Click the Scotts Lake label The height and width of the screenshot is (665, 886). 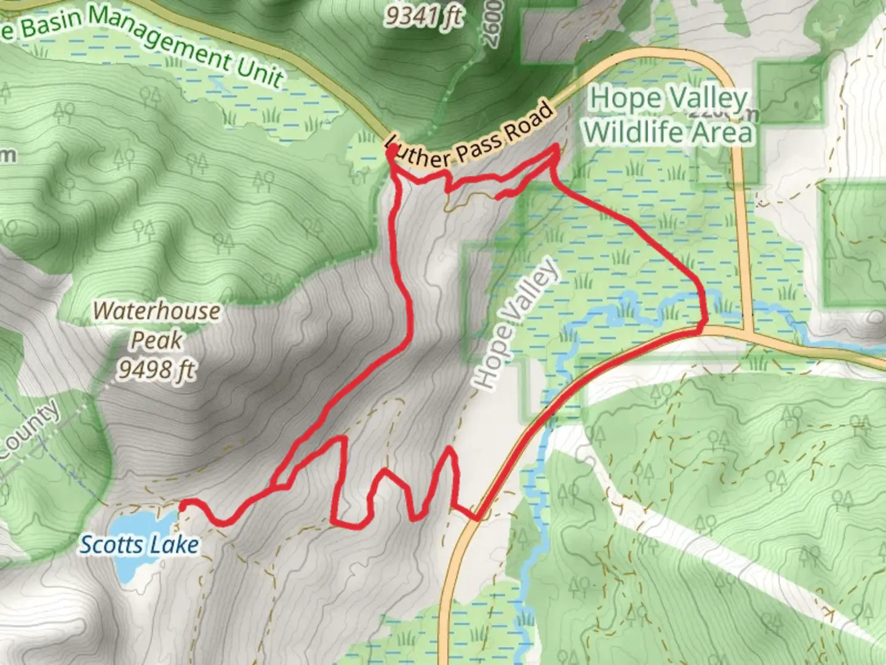coord(140,545)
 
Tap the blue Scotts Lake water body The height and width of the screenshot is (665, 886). coord(138,523)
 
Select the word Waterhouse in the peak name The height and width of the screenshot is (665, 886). coord(156,311)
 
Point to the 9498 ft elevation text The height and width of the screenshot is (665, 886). coord(156,369)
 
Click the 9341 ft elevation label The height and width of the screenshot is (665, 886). coord(424,16)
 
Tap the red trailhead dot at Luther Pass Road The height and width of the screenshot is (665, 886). coord(391,149)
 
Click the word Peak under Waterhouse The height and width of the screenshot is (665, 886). coord(156,340)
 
